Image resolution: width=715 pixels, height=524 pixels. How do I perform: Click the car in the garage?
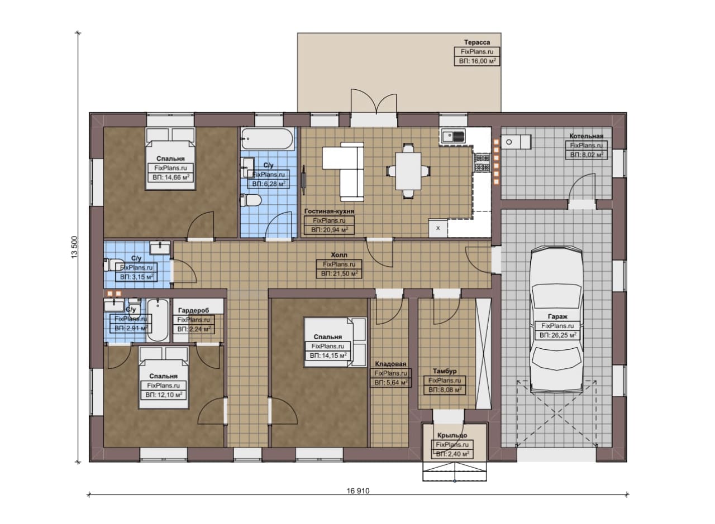pyautogui.click(x=557, y=320)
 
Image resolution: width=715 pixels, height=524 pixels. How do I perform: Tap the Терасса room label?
pyautogui.click(x=477, y=42)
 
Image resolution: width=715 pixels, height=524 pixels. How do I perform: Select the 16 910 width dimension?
pyautogui.click(x=358, y=491)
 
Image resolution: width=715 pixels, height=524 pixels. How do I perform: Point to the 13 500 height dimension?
pyautogui.click(x=74, y=247)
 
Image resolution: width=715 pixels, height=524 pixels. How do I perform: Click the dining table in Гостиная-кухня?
pyautogui.click(x=408, y=171)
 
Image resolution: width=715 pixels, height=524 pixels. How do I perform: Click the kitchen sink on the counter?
pyautogui.click(x=453, y=137)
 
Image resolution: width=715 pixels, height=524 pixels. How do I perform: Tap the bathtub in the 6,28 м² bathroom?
pyautogui.click(x=268, y=139)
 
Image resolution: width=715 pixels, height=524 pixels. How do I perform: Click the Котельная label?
pyautogui.click(x=587, y=136)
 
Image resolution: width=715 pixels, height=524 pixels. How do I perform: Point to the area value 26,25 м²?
pyautogui.click(x=557, y=335)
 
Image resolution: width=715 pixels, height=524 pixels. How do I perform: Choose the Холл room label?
pyautogui.click(x=339, y=255)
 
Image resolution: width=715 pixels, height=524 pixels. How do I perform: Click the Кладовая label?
pyautogui.click(x=390, y=364)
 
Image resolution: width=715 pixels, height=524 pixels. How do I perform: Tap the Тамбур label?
pyautogui.click(x=445, y=371)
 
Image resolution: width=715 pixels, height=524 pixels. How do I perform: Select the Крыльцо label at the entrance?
pyautogui.click(x=452, y=435)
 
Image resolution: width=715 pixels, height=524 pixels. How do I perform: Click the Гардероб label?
pyautogui.click(x=193, y=310)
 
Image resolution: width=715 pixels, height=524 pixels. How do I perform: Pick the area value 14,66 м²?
pyautogui.click(x=171, y=177)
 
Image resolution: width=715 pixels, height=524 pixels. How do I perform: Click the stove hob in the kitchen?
pyautogui.click(x=482, y=162)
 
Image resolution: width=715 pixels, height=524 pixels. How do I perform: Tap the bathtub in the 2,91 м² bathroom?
pyautogui.click(x=158, y=320)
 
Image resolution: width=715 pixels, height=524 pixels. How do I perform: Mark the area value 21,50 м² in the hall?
pyautogui.click(x=339, y=273)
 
